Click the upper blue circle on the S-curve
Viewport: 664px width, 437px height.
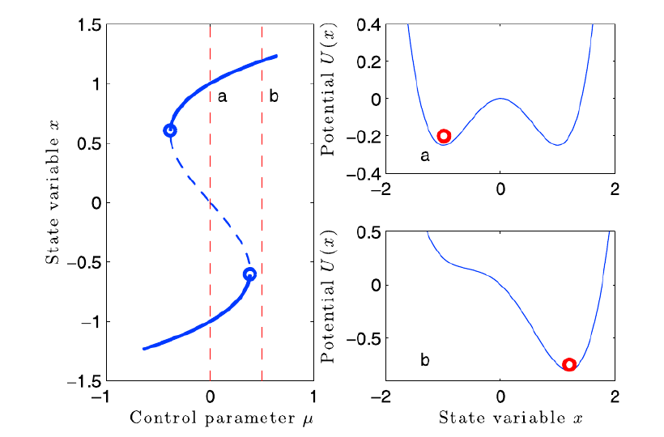coord(170,130)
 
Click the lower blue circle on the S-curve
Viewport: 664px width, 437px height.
coord(249,274)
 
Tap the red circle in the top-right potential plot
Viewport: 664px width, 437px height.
coord(443,136)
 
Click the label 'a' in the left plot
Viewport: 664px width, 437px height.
coord(222,97)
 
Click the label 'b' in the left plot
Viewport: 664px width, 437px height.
coord(274,97)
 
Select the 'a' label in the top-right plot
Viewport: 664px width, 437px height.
coord(424,155)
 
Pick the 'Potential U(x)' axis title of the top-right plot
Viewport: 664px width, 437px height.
coord(330,99)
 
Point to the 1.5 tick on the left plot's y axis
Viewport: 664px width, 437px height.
coord(86,25)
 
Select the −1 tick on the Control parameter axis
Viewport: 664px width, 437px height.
coord(102,397)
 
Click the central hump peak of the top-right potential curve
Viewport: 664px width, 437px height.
coord(500,99)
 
